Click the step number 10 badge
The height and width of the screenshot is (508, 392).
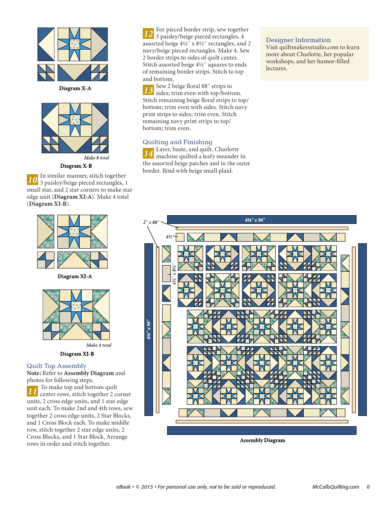pyautogui.click(x=33, y=180)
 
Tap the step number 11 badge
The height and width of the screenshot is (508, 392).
pyautogui.click(x=33, y=391)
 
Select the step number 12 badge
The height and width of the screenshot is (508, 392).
pyautogui.click(x=149, y=33)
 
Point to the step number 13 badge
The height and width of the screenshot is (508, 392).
pyautogui.click(x=149, y=90)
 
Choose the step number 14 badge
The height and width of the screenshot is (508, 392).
pyautogui.click(x=149, y=153)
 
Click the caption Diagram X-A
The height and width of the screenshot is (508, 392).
pyautogui.click(x=75, y=88)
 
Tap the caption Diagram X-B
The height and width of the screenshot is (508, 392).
pyautogui.click(x=76, y=166)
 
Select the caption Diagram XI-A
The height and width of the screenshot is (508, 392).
pyautogui.click(x=75, y=276)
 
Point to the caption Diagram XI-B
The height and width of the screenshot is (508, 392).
pyautogui.click(x=77, y=354)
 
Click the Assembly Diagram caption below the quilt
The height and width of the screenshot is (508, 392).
pyautogui.click(x=262, y=440)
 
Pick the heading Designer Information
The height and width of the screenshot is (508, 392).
pyautogui.click(x=298, y=40)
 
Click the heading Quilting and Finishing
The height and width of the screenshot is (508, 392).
pyautogui.click(x=177, y=142)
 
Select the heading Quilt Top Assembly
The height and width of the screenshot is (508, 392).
pyautogui.click(x=57, y=366)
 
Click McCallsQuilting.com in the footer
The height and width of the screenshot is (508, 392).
pyautogui.click(x=335, y=487)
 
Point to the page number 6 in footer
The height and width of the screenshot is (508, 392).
pyautogui.click(x=368, y=487)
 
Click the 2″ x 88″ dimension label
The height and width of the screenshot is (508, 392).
pyautogui.click(x=151, y=222)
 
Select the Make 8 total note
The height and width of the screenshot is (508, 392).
pyautogui.click(x=97, y=158)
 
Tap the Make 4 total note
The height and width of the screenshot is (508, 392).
pyautogui.click(x=99, y=345)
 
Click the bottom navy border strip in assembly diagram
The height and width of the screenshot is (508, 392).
pyautogui.click(x=262, y=430)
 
